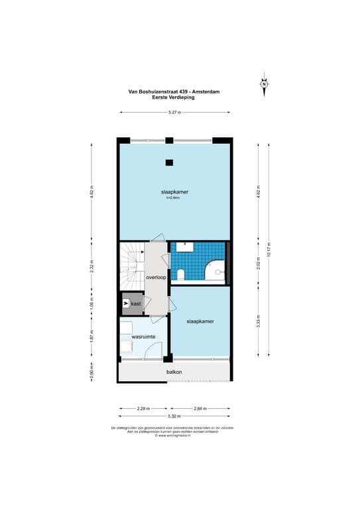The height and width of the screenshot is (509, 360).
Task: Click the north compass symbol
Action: [264, 84]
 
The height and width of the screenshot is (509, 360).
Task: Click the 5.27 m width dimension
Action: [174, 113]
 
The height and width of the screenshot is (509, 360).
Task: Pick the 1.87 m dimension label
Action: [91, 337]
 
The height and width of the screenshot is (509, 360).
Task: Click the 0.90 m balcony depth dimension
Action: [91, 372]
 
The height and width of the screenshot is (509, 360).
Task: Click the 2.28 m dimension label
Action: [144, 408]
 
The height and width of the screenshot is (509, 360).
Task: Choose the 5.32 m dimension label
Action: [174, 416]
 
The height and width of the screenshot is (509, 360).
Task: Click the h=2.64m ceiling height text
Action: [173, 198]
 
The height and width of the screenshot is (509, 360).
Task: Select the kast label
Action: [136, 304]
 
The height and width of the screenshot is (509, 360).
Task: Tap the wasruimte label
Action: [143, 337]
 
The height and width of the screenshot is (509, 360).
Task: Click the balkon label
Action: [174, 372]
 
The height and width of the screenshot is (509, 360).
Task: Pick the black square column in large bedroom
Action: [169, 162]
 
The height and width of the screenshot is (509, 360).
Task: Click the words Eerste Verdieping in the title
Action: [174, 98]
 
